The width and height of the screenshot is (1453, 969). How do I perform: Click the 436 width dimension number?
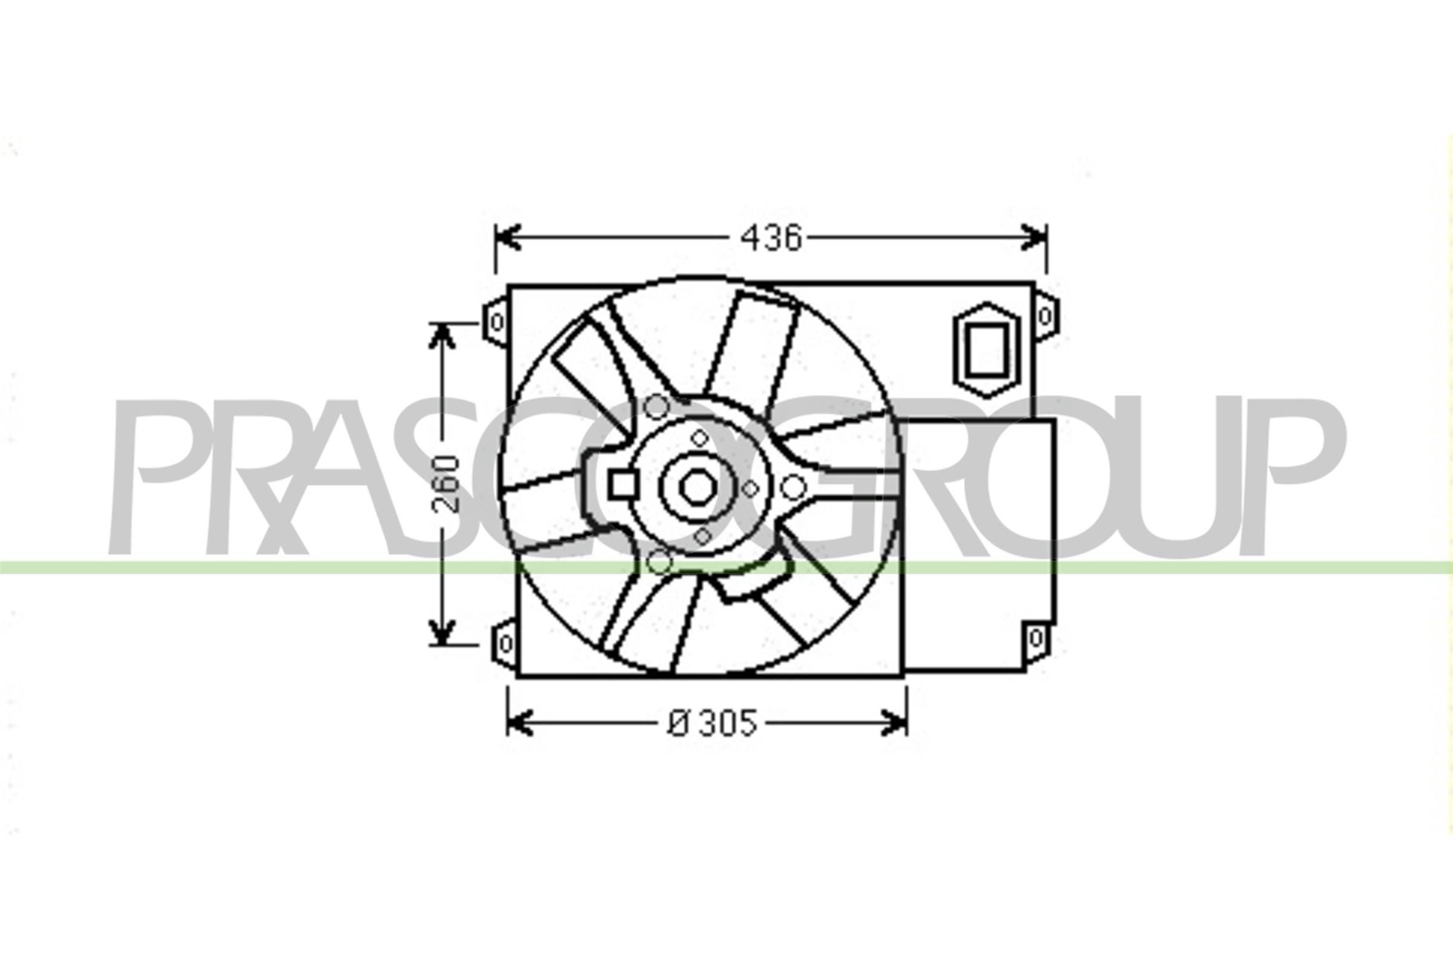(x=771, y=239)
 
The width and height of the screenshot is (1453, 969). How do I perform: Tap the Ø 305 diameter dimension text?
(x=712, y=723)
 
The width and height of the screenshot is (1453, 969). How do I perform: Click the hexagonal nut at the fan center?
(x=697, y=488)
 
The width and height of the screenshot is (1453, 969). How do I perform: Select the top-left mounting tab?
(x=495, y=322)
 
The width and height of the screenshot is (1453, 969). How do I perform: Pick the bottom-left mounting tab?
(x=504, y=644)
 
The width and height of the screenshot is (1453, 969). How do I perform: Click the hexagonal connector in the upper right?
(x=986, y=350)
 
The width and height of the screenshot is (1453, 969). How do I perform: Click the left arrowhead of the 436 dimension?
(x=508, y=238)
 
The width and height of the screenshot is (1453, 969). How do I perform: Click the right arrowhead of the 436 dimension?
(x=1034, y=238)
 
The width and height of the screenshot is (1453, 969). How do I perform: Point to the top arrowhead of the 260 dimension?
(x=442, y=337)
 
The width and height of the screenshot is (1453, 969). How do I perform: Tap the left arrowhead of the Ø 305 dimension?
(x=519, y=723)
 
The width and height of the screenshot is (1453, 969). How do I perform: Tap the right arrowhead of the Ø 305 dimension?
(x=895, y=723)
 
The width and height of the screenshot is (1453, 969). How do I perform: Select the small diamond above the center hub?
(x=699, y=438)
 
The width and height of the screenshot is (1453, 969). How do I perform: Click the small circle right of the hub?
(x=793, y=488)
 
